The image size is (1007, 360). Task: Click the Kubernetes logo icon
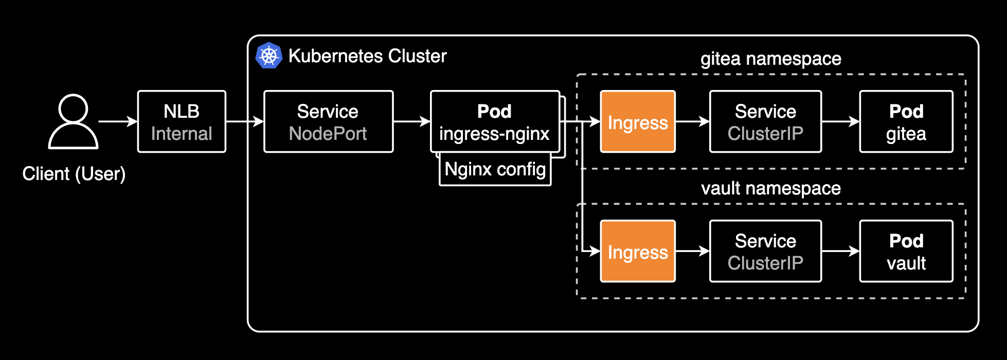pyautogui.click(x=268, y=56)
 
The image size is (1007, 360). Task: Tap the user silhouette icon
pyautogui.click(x=73, y=121)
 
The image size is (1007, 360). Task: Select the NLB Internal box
pyautogui.click(x=182, y=122)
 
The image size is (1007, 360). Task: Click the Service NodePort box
pyautogui.click(x=328, y=122)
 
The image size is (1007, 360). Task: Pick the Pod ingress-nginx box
pyautogui.click(x=494, y=122)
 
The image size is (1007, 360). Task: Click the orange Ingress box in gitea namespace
pyautogui.click(x=638, y=122)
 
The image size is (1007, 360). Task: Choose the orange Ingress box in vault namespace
pyautogui.click(x=638, y=251)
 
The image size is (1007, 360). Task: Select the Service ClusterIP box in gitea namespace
pyautogui.click(x=765, y=122)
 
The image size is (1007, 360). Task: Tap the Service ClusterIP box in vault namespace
pyautogui.click(x=765, y=251)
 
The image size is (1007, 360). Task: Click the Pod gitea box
pyautogui.click(x=906, y=122)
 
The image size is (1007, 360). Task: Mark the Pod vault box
pyautogui.click(x=906, y=251)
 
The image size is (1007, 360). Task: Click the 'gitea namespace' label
pyautogui.click(x=770, y=59)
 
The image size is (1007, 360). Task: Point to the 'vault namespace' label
pyautogui.click(x=770, y=189)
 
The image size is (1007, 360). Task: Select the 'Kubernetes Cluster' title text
pyautogui.click(x=367, y=56)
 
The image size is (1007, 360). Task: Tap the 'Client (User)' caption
pyautogui.click(x=74, y=174)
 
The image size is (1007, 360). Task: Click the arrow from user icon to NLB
pyautogui.click(x=118, y=122)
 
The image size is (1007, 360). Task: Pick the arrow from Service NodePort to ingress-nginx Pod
pyautogui.click(x=411, y=122)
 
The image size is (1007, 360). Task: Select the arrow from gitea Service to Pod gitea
pyautogui.click(x=840, y=122)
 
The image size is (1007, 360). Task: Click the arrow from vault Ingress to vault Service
pyautogui.click(x=692, y=251)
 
